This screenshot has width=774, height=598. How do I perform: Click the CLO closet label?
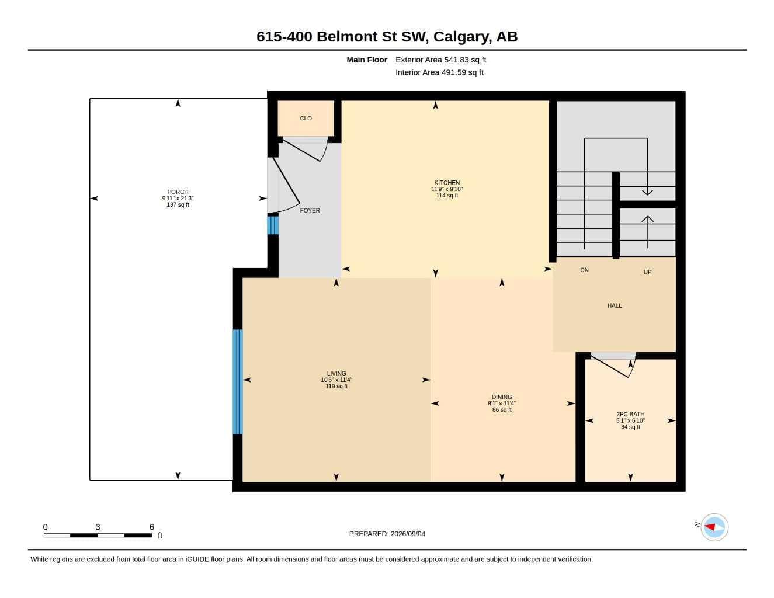pyautogui.click(x=306, y=118)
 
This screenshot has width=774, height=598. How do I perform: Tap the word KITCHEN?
pyautogui.click(x=447, y=183)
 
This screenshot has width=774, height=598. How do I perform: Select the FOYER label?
pyautogui.click(x=310, y=211)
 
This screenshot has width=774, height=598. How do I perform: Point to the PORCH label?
pyautogui.click(x=178, y=192)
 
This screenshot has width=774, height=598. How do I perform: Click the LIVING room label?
pyautogui.click(x=336, y=373)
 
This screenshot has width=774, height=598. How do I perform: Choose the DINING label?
pyautogui.click(x=502, y=397)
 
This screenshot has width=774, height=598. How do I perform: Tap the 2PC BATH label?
pyautogui.click(x=630, y=414)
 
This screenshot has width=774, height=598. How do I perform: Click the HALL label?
pyautogui.click(x=615, y=305)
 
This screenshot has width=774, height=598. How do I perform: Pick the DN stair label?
pyautogui.click(x=584, y=270)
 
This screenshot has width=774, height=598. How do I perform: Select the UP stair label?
pyautogui.click(x=647, y=272)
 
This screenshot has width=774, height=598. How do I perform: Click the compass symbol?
pyautogui.click(x=714, y=527)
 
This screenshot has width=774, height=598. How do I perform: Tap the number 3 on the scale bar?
pyautogui.click(x=98, y=527)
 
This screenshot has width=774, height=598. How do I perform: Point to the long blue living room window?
pyautogui.click(x=238, y=382)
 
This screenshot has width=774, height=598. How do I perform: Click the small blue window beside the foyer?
pyautogui.click(x=273, y=225)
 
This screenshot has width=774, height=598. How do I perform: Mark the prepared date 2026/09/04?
pyautogui.click(x=408, y=534)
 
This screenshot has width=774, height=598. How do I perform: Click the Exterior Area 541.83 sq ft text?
pyautogui.click(x=440, y=60)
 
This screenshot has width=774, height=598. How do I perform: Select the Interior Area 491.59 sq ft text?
pyautogui.click(x=439, y=72)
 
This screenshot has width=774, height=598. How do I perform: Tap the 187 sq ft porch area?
pyautogui.click(x=178, y=204)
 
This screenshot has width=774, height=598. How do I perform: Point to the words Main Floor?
pyautogui.click(x=367, y=60)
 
